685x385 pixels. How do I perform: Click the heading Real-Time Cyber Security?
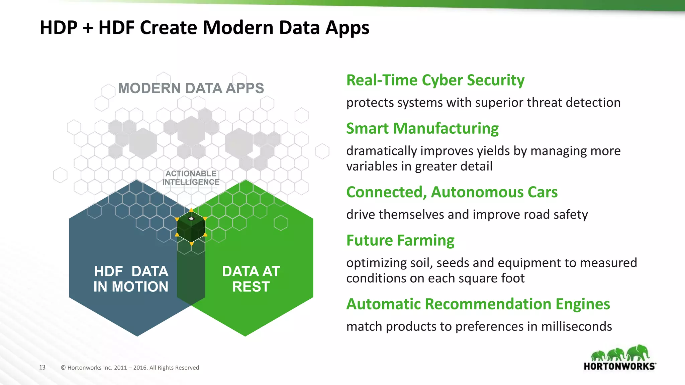pyautogui.click(x=435, y=80)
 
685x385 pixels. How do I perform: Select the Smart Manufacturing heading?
pyautogui.click(x=422, y=128)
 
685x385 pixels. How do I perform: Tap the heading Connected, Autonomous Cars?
pyautogui.click(x=452, y=192)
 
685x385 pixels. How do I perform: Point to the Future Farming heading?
pyautogui.click(x=400, y=240)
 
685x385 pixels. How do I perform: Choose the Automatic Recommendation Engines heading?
pyautogui.click(x=478, y=304)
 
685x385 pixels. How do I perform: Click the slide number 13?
pyautogui.click(x=42, y=367)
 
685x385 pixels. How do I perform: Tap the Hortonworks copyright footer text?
pyautogui.click(x=130, y=368)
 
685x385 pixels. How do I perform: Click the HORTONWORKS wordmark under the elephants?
pyautogui.click(x=619, y=366)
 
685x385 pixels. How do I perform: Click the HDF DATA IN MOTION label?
pyautogui.click(x=131, y=279)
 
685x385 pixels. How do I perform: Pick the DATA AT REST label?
pyautogui.click(x=251, y=279)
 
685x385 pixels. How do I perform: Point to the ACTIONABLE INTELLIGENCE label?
pyautogui.click(x=191, y=178)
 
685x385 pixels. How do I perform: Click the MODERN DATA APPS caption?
pyautogui.click(x=191, y=88)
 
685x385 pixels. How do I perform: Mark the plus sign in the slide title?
pyautogui.click(x=88, y=28)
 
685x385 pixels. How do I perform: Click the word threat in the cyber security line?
pyautogui.click(x=545, y=103)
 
